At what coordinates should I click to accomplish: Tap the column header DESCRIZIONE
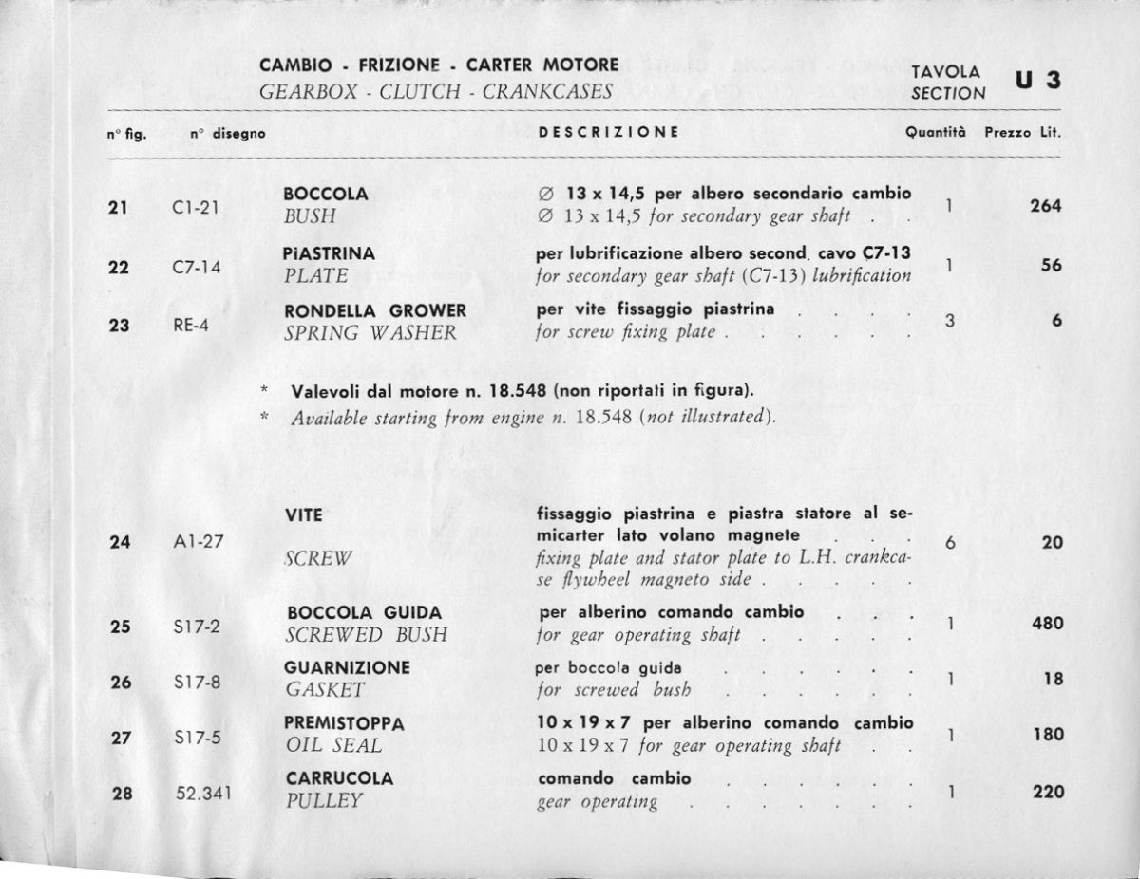point(608,133)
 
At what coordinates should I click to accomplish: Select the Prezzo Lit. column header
point(1022,133)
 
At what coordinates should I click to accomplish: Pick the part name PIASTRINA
point(330,254)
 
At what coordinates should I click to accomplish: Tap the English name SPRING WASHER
point(371,333)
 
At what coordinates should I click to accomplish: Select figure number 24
point(120,543)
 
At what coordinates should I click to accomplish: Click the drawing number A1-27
point(198,543)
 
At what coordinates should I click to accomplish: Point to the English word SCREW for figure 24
point(318,559)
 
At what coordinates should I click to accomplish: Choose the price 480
point(1048,625)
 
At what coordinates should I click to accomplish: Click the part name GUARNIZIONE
point(347,667)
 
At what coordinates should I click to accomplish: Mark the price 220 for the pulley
point(1048,792)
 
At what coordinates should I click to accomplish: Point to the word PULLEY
point(324,800)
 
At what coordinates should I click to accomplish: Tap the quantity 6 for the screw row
point(950,543)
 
